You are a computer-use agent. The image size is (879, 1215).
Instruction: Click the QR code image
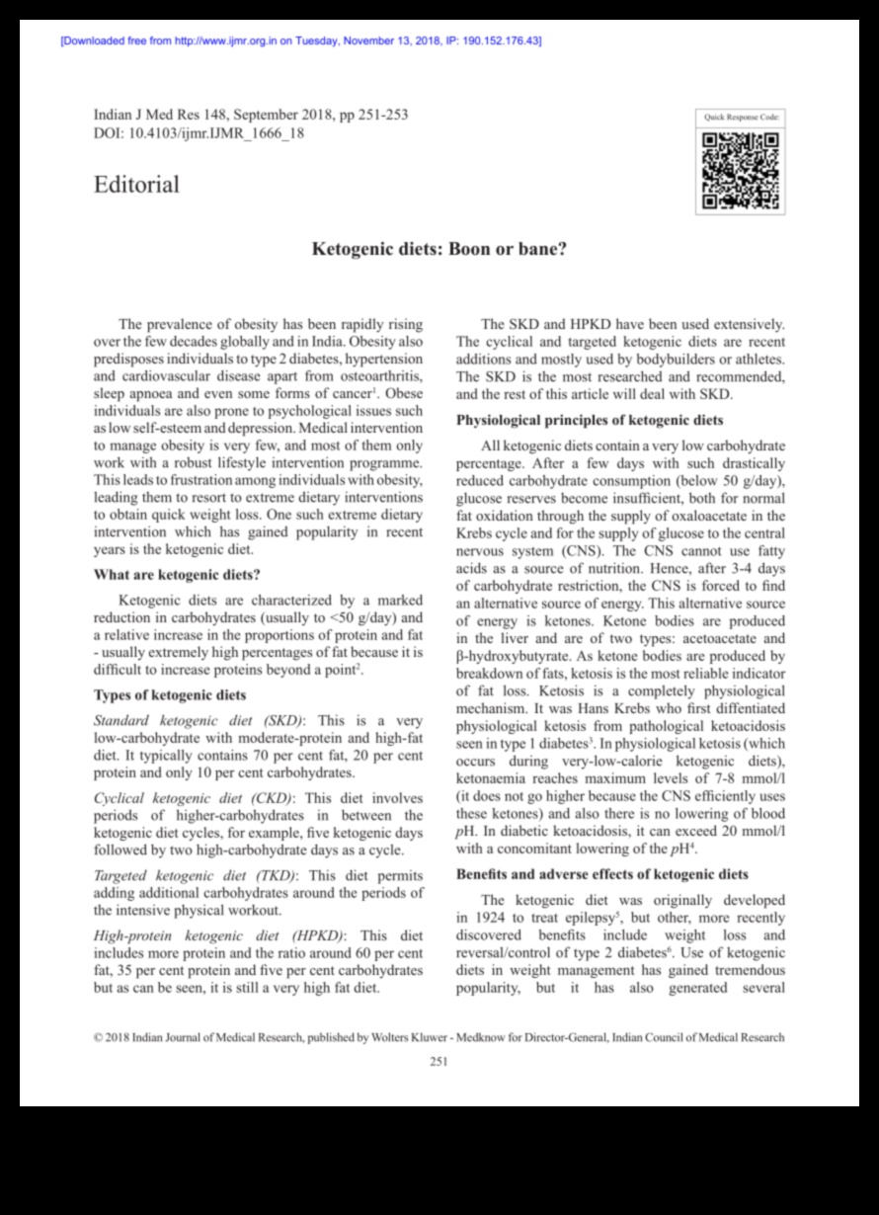point(741,172)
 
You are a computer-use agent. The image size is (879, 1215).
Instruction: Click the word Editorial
point(136,185)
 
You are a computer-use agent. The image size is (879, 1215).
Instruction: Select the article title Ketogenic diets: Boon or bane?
point(439,250)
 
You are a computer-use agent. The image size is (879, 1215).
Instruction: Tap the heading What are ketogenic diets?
point(177,574)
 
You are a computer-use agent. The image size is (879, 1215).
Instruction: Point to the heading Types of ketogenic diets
point(170,694)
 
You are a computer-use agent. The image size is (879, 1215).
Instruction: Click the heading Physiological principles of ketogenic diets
point(590,420)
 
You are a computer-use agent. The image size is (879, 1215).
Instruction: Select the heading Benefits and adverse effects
point(602,874)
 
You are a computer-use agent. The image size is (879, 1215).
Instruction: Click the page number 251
point(439,1062)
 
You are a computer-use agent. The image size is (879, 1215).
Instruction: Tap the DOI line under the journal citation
point(199,133)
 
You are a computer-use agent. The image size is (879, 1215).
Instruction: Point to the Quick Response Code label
point(742,118)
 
